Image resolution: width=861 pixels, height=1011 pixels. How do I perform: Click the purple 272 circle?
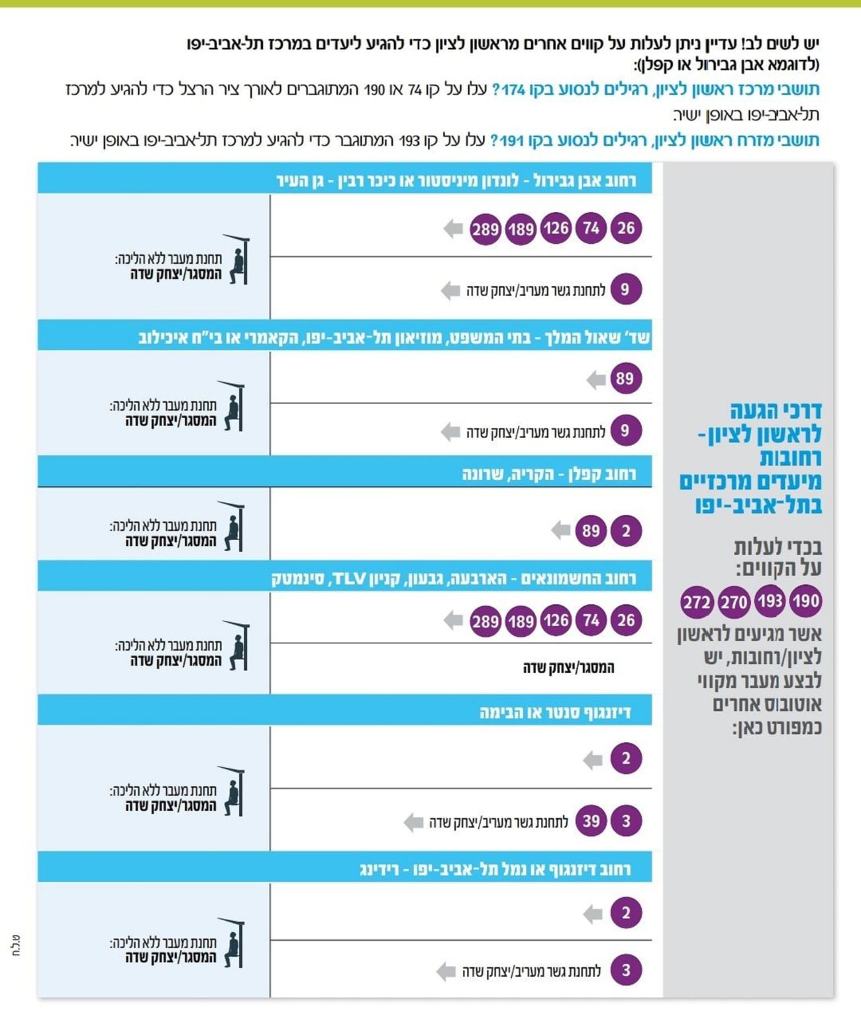[696, 602]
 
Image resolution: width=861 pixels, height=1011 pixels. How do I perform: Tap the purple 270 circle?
[733, 602]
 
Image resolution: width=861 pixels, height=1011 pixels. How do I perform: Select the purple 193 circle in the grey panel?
[770, 601]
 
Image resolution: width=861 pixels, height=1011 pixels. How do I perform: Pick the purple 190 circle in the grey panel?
[805, 601]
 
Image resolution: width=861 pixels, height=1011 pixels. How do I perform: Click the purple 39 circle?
[591, 821]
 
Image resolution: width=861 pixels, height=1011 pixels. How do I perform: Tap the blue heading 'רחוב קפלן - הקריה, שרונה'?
[548, 474]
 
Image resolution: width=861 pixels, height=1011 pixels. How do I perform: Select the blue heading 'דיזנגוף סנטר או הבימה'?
[554, 712]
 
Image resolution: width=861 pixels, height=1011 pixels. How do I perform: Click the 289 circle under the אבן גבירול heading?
[485, 229]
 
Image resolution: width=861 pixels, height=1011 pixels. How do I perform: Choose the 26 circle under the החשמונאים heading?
[626, 621]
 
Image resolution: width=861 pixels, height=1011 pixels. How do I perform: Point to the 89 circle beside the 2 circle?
[591, 531]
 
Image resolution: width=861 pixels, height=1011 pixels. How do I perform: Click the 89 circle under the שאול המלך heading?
[625, 379]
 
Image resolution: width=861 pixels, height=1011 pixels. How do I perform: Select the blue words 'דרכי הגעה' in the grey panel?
[776, 411]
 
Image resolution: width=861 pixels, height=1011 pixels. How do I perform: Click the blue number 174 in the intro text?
[513, 89]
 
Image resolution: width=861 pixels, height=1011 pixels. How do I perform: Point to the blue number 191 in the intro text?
[512, 140]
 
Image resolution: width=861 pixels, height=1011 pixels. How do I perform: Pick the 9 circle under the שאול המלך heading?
[625, 431]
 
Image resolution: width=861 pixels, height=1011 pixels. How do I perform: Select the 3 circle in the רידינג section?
[626, 971]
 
